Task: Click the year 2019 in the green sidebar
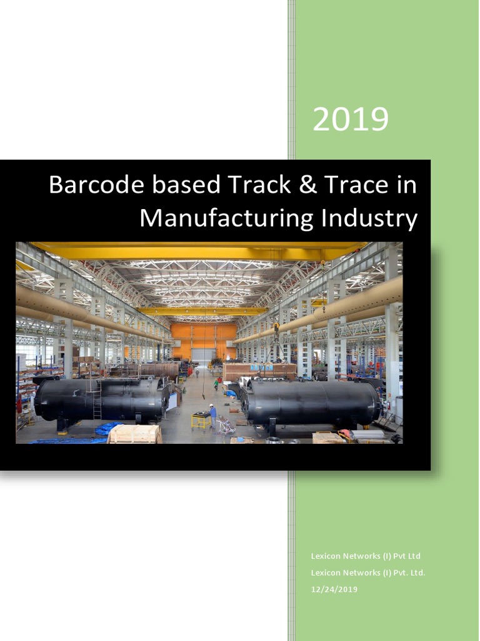350,119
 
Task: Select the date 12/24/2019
334,589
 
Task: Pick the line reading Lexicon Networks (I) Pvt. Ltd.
368,572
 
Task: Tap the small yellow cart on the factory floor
201,420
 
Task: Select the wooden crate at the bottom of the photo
134,434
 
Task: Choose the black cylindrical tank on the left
100,399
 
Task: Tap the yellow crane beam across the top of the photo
200,250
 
